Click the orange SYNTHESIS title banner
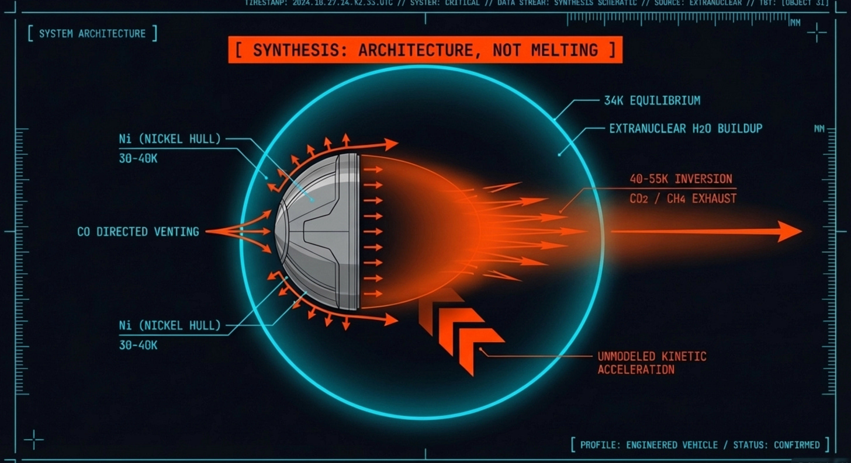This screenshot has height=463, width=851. point(425,50)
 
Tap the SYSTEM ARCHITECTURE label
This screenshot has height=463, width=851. point(92,33)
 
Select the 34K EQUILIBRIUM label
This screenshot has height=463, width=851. point(652,100)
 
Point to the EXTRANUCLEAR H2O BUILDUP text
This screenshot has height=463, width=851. point(686,128)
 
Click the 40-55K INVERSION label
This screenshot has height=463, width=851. point(680,179)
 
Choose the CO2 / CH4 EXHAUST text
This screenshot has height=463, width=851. point(683,199)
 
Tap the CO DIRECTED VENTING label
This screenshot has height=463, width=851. point(138,232)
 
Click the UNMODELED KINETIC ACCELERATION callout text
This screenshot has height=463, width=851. point(652,363)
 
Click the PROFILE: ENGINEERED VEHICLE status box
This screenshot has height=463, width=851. point(700,445)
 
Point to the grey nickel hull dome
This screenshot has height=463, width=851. point(319,232)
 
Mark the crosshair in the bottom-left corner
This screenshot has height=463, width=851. point(33,440)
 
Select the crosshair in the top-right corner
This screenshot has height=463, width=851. point(817,33)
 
